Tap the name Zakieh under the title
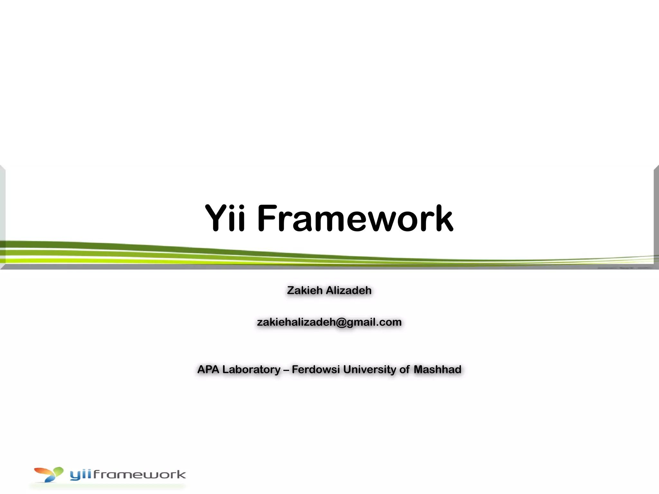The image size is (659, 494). (x=305, y=290)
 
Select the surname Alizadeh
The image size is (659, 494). (x=349, y=290)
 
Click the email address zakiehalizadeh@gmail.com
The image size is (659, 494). (x=329, y=322)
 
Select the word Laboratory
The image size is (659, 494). (x=251, y=370)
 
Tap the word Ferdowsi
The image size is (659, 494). (x=316, y=369)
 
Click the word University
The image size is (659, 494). (x=369, y=370)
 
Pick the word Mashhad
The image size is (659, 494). (x=437, y=369)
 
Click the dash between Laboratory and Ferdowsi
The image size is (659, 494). (x=286, y=370)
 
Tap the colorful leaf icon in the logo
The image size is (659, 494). (x=49, y=474)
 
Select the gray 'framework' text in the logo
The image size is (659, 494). (x=139, y=475)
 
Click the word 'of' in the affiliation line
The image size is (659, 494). (x=405, y=369)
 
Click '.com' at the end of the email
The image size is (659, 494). (x=390, y=322)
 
